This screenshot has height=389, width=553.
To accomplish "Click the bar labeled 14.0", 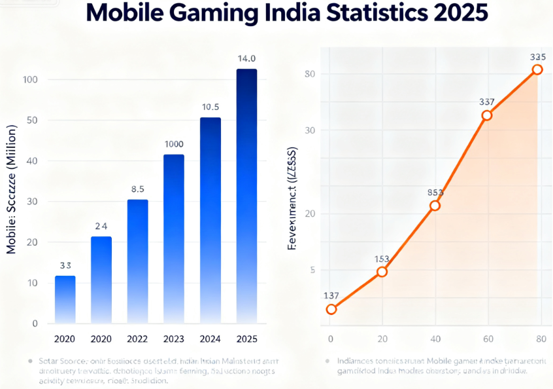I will click(246, 196).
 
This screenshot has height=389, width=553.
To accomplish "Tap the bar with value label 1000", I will click(174, 238).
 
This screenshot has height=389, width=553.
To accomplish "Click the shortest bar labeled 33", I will click(65, 299).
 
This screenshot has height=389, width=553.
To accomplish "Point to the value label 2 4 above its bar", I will click(101, 227).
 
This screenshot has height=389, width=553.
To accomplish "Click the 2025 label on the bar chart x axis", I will click(246, 339).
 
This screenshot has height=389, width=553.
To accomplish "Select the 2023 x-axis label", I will click(174, 339).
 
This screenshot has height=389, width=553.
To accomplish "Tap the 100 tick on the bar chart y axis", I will click(31, 80).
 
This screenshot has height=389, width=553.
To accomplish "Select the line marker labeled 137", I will click(331, 309).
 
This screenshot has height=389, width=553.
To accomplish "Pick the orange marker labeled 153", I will click(382, 271).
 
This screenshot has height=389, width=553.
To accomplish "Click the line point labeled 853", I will click(435, 206).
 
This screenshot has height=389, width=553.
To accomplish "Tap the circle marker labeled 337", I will click(486, 115).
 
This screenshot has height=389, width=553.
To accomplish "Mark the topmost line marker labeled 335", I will click(537, 70).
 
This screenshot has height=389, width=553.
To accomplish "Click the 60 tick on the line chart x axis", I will click(487, 339).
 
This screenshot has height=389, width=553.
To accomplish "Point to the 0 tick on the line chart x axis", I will click(331, 339).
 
